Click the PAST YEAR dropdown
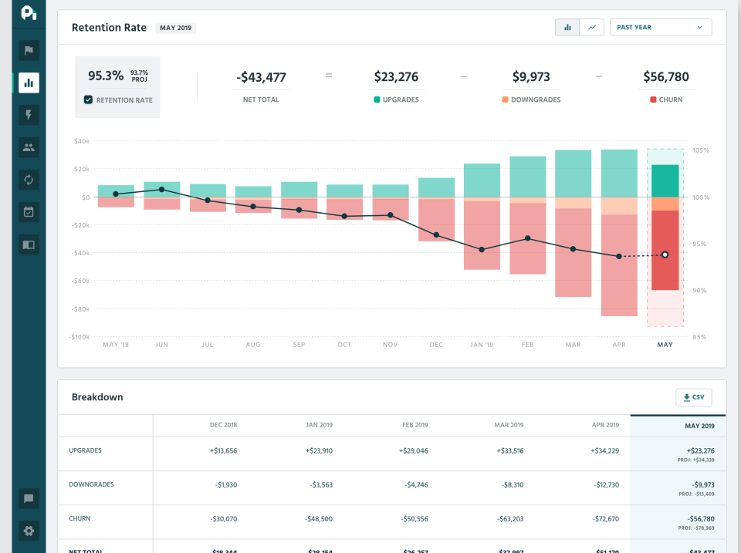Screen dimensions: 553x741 coord(660,27)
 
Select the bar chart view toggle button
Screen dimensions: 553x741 coord(567,27)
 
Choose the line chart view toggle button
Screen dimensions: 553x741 coord(592,27)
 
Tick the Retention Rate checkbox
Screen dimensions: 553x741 coord(89,100)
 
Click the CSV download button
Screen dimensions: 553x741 coord(693,397)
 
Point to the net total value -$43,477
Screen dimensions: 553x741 coord(261,77)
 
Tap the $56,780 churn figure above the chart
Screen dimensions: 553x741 coord(665,77)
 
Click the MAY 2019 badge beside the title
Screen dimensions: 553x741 coord(176,28)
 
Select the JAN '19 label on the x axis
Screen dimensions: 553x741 coord(482,345)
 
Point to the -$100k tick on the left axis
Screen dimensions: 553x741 coord(80,337)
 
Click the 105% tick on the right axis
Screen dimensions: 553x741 coord(701,150)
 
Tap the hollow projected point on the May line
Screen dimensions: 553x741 coord(665,255)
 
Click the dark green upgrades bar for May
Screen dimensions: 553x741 coord(665,181)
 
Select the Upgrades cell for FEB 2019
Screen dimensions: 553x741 coord(414,450)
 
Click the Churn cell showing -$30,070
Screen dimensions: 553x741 coord(222,519)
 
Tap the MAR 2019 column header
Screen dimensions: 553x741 coord(509,425)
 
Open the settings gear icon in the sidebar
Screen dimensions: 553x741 coord(29,531)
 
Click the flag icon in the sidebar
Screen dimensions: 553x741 coord(29,51)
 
